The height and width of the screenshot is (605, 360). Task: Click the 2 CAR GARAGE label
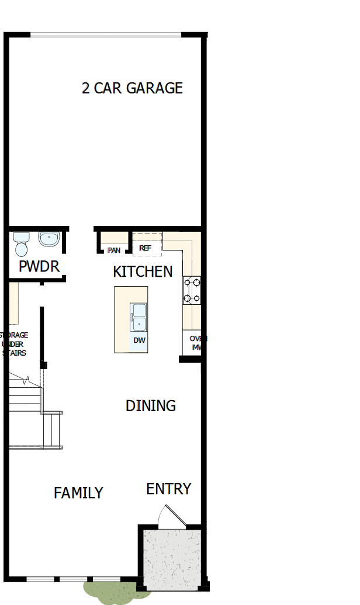coord(132,88)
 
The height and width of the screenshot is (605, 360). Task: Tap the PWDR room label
coord(39,267)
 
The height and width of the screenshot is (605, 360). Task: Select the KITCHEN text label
coord(143,272)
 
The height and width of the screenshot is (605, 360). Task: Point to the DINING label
coord(151,405)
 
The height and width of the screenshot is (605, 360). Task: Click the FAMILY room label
coord(78,493)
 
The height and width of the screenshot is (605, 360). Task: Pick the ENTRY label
coord(168,489)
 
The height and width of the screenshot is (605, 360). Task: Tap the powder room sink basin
coord(49,239)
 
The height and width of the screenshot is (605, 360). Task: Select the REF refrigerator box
coord(145,248)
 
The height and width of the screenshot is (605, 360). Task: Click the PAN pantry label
coord(114,250)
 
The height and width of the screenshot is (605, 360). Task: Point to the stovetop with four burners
coord(192,290)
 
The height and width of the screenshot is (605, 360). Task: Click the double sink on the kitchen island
coord(139,318)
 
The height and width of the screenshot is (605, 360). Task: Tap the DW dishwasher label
coord(139,340)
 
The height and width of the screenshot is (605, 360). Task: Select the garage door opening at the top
coord(106,34)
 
